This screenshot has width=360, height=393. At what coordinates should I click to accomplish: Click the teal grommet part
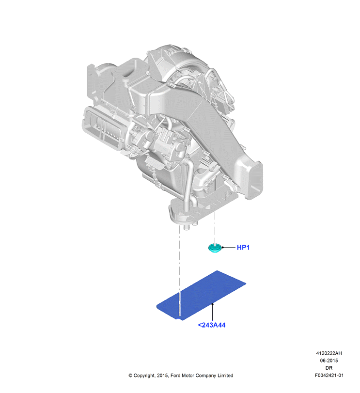pos(215,248)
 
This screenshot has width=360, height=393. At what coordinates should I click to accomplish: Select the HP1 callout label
pos(243,248)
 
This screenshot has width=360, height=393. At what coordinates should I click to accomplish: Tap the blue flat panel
pos(201,295)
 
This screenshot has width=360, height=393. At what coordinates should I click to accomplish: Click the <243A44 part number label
pos(212,325)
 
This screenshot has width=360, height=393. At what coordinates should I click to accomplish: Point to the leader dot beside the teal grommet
pos(223,247)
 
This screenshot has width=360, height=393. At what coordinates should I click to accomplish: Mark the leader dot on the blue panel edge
pos(212,304)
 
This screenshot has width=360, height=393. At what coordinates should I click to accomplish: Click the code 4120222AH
pos(329,353)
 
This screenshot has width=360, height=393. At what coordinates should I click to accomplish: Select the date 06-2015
pos(329,361)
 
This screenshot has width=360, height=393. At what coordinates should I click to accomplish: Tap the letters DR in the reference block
pos(329,368)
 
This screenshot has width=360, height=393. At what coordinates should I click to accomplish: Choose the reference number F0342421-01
pos(329,375)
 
